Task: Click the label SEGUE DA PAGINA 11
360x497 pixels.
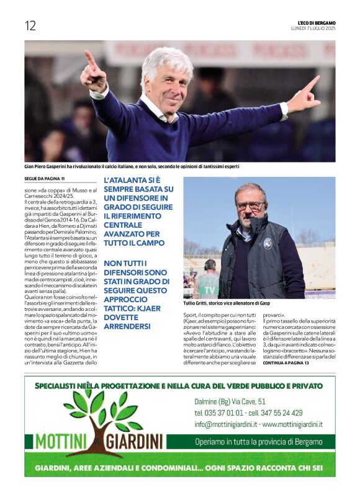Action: tap(47, 180)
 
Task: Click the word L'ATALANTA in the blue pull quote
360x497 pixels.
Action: tap(128, 179)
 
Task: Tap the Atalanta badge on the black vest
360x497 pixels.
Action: tap(268, 243)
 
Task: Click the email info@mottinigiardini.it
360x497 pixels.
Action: tap(225, 424)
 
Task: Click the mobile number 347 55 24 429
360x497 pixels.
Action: tap(290, 413)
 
